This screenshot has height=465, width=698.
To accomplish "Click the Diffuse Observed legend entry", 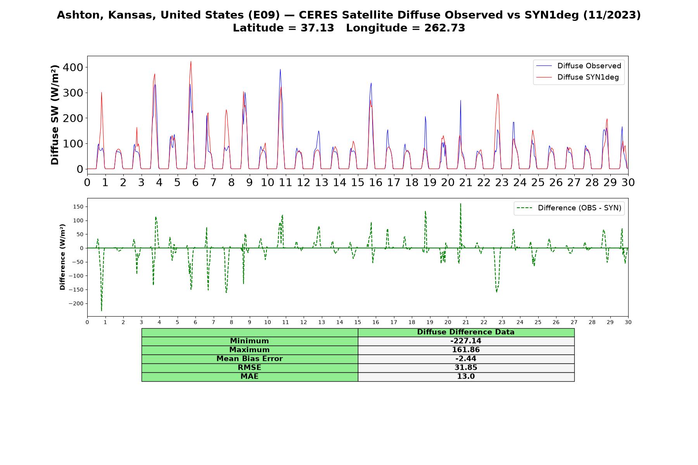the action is click(579, 66).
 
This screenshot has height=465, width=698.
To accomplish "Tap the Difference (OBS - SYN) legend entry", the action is click(569, 208).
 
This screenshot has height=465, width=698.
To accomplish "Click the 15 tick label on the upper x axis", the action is click(358, 182).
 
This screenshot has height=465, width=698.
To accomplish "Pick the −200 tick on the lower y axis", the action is click(76, 303).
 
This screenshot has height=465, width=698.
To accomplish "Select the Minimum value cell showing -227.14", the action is click(466, 341).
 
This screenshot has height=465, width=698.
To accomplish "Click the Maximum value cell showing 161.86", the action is click(466, 350).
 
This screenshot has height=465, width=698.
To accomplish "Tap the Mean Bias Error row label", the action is click(249, 359).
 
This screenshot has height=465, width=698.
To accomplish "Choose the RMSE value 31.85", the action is click(466, 368).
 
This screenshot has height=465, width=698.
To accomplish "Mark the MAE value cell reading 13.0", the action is click(466, 377).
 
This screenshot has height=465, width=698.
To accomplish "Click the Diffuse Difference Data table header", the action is click(466, 332).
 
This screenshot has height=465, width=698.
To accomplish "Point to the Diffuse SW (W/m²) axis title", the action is click(55, 115).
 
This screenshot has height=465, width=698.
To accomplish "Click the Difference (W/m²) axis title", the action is click(62, 257).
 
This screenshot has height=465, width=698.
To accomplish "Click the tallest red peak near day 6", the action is click(191, 61).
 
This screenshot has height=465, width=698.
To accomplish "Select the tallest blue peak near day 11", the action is click(280, 69).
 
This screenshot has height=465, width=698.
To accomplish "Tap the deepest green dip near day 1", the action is click(102, 311).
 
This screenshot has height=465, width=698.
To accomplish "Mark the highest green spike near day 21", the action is click(460, 203).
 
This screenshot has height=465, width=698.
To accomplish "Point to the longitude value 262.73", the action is click(445, 28).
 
